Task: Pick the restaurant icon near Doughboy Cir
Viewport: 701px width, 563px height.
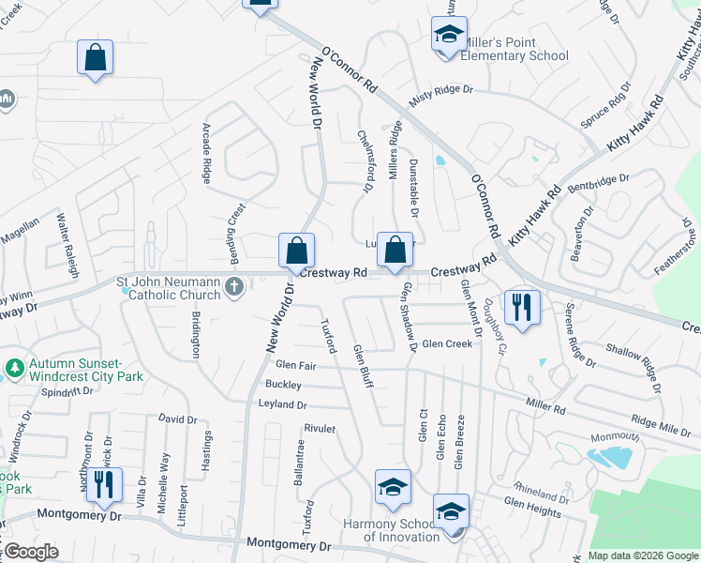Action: (521, 306)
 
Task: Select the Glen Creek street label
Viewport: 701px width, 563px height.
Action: (447, 344)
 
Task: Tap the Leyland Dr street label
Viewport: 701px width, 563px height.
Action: (282, 404)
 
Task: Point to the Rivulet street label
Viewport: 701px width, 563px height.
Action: (320, 428)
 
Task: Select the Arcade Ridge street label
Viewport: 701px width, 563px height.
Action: (207, 151)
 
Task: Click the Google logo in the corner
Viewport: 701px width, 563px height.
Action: (31, 552)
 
